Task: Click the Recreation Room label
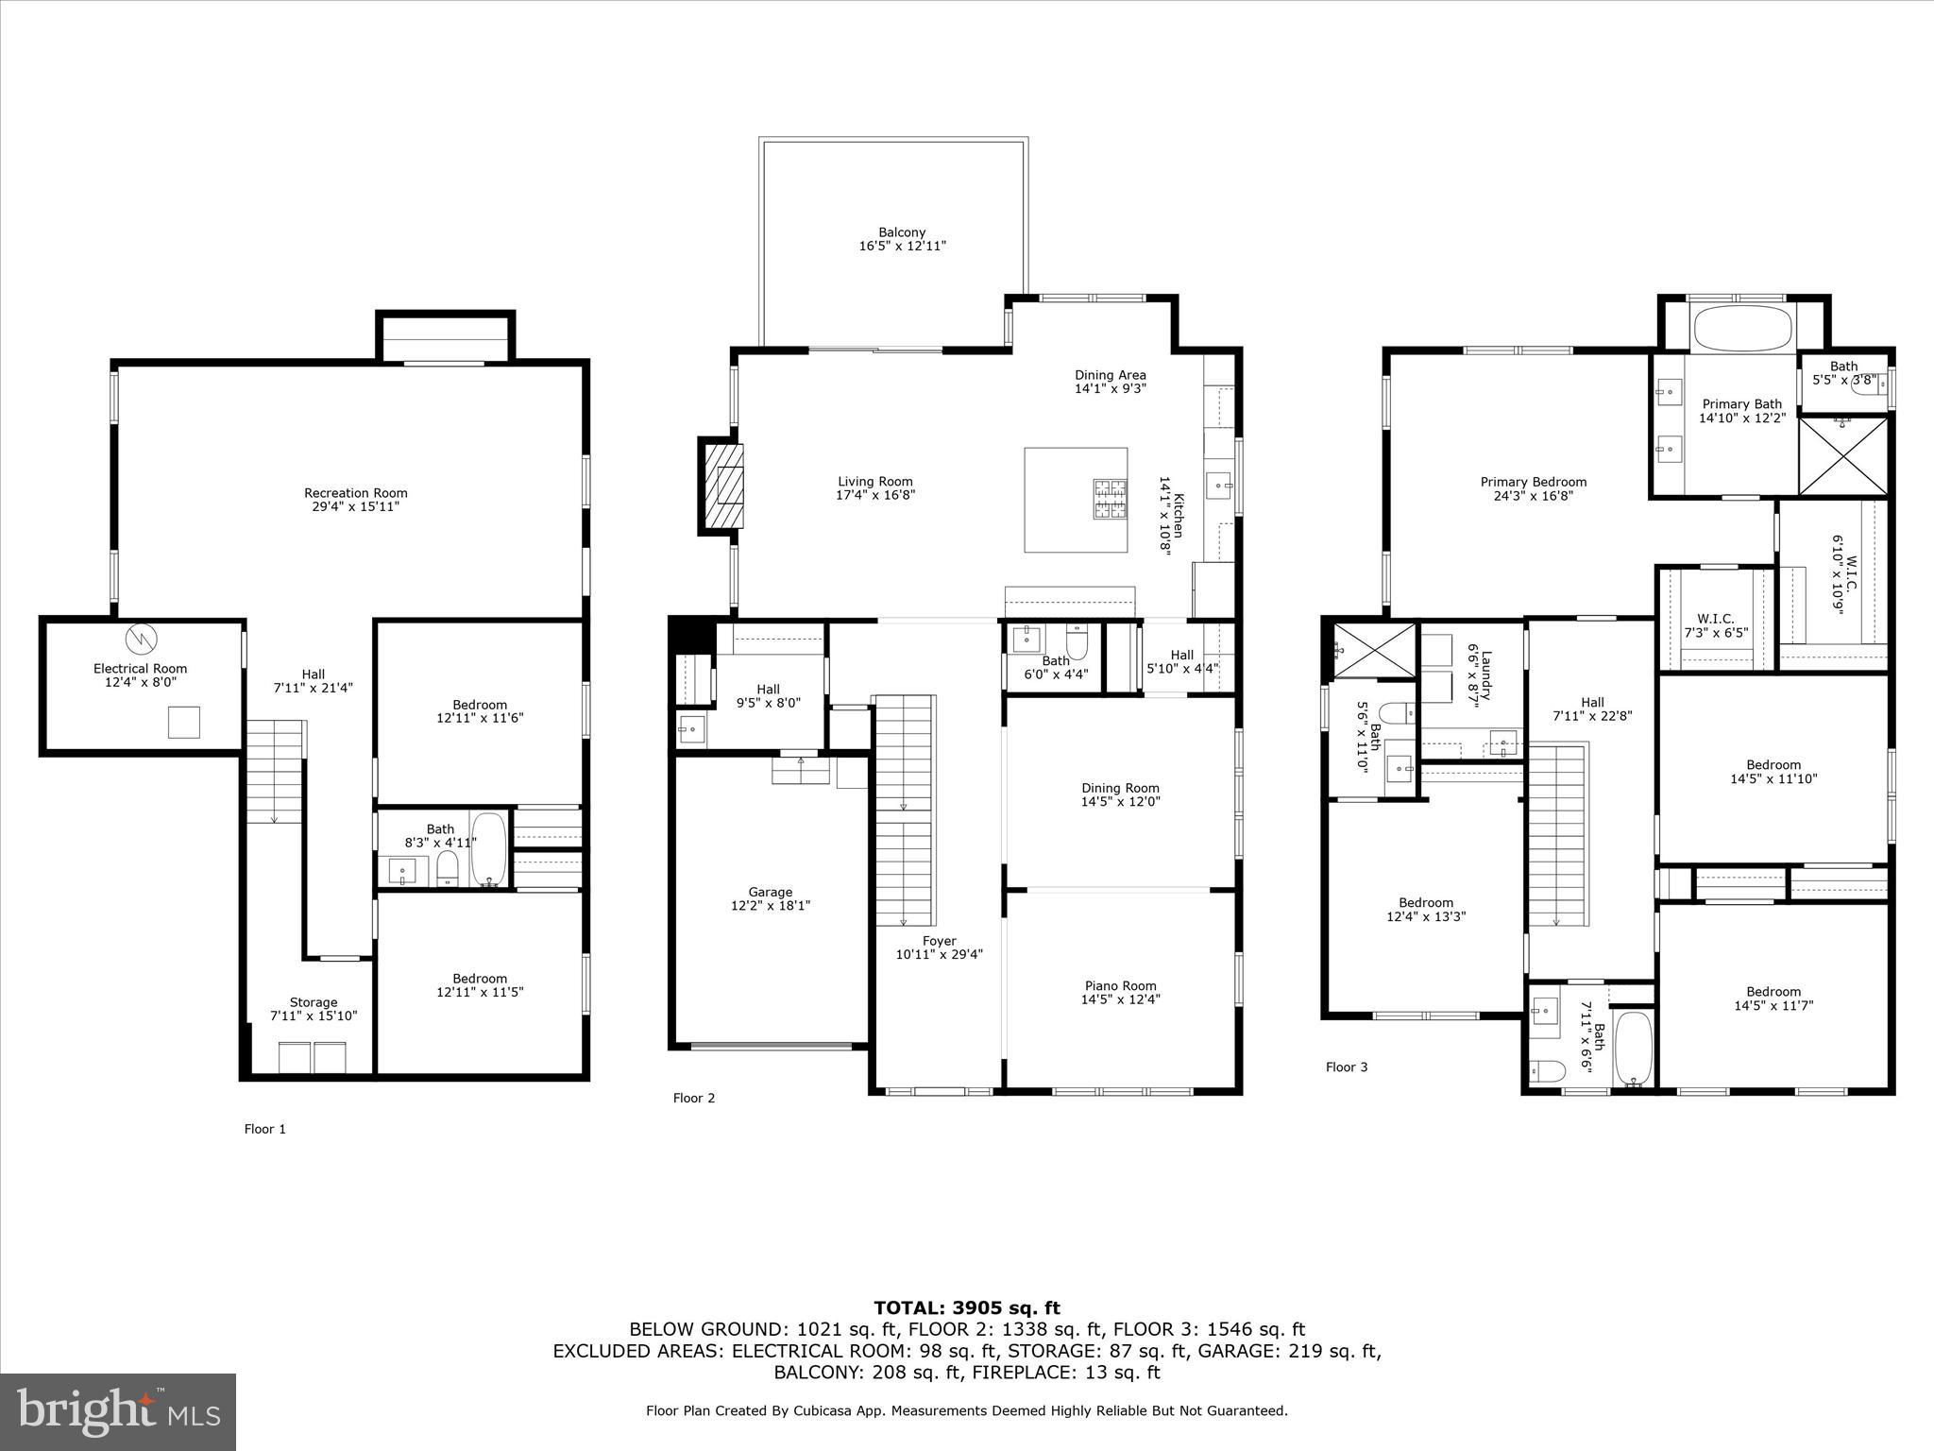click(355, 500)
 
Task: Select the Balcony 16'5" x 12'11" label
click(902, 239)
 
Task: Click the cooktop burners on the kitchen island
click(1110, 500)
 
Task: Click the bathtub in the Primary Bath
click(1742, 329)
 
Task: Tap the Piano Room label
click(1120, 992)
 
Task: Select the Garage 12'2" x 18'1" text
click(770, 898)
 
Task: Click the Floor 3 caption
click(1346, 1067)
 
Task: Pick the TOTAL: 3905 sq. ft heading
click(966, 1307)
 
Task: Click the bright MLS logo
click(118, 1412)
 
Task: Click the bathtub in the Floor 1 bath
click(488, 848)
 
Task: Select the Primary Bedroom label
click(1533, 488)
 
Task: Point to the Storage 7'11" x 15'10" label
click(314, 1009)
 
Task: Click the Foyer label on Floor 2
click(939, 947)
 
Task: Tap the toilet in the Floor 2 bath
click(1077, 639)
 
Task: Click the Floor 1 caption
click(264, 1129)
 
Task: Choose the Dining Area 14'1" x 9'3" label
click(1110, 382)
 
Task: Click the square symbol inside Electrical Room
click(184, 722)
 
